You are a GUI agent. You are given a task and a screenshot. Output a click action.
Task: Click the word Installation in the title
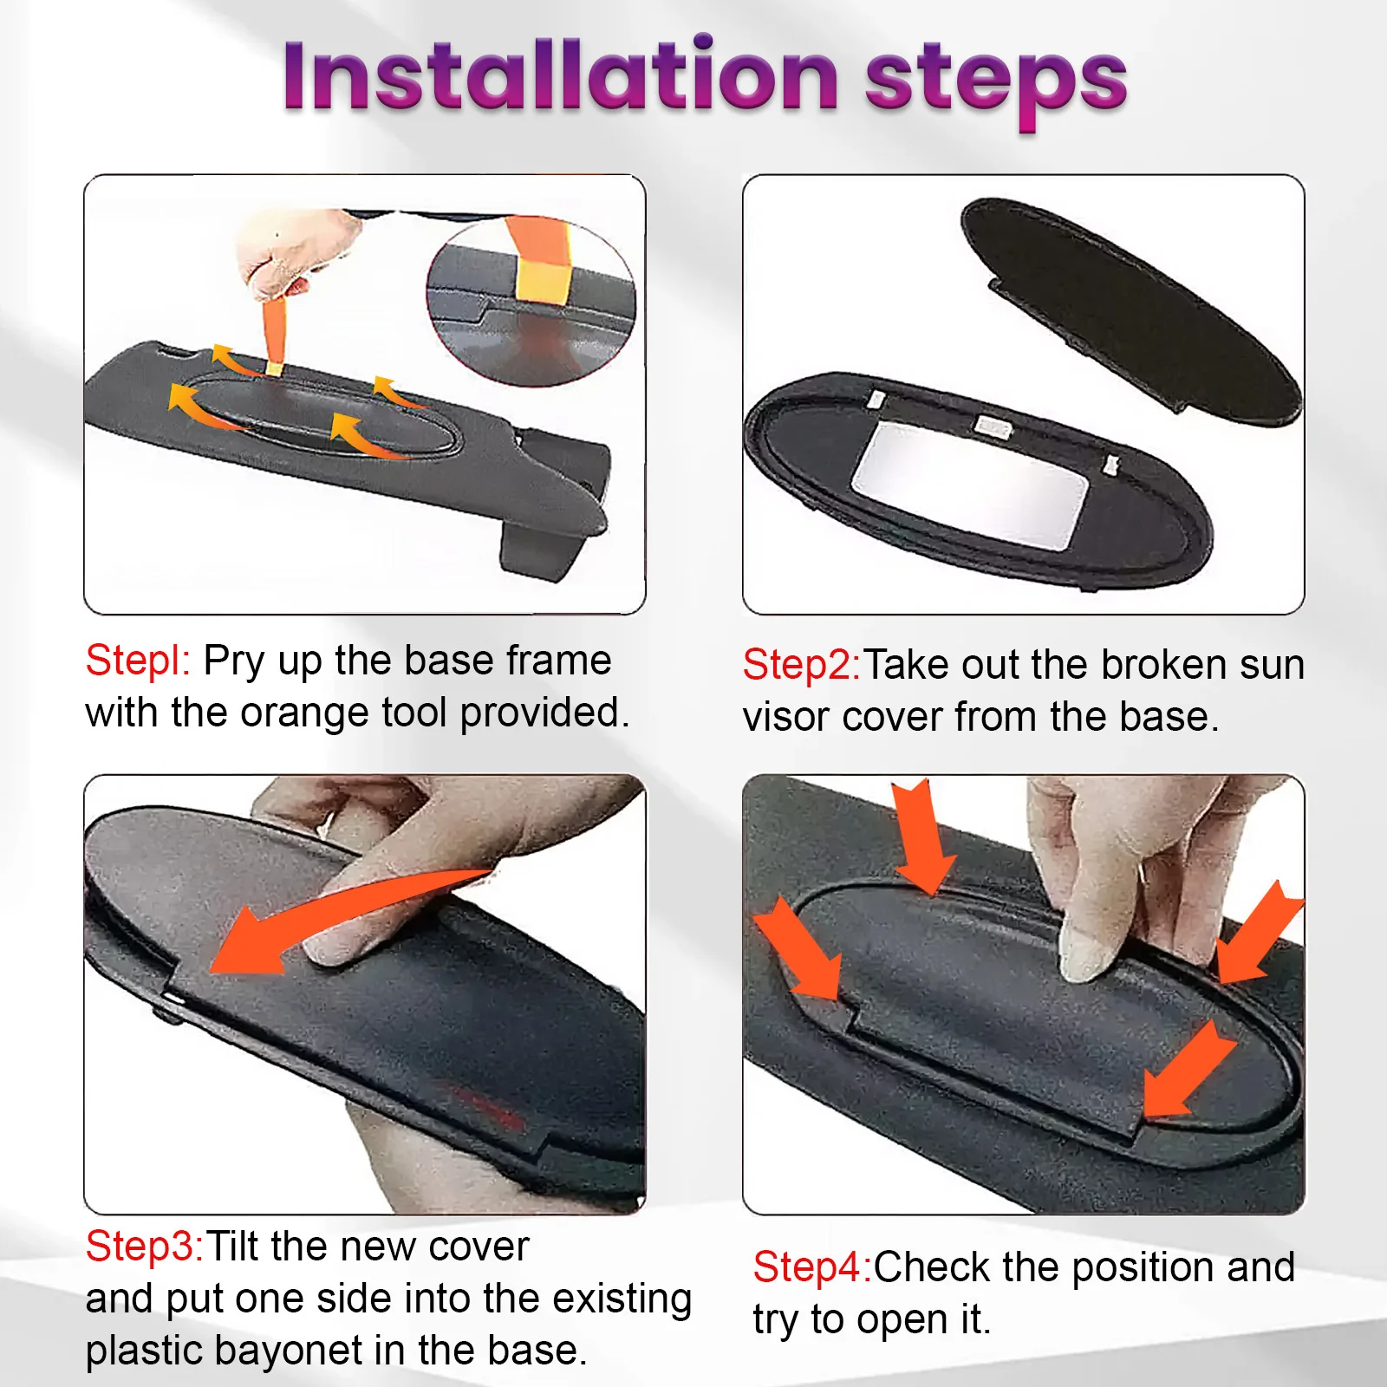click(560, 76)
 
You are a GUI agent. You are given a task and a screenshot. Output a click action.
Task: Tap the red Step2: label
click(802, 665)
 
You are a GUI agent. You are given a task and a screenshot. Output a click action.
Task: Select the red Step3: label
click(145, 1247)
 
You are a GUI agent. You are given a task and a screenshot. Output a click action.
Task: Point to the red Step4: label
click(812, 1267)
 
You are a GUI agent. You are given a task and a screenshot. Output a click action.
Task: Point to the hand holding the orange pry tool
click(299, 251)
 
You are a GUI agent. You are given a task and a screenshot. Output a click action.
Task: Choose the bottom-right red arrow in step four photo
click(1188, 1069)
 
